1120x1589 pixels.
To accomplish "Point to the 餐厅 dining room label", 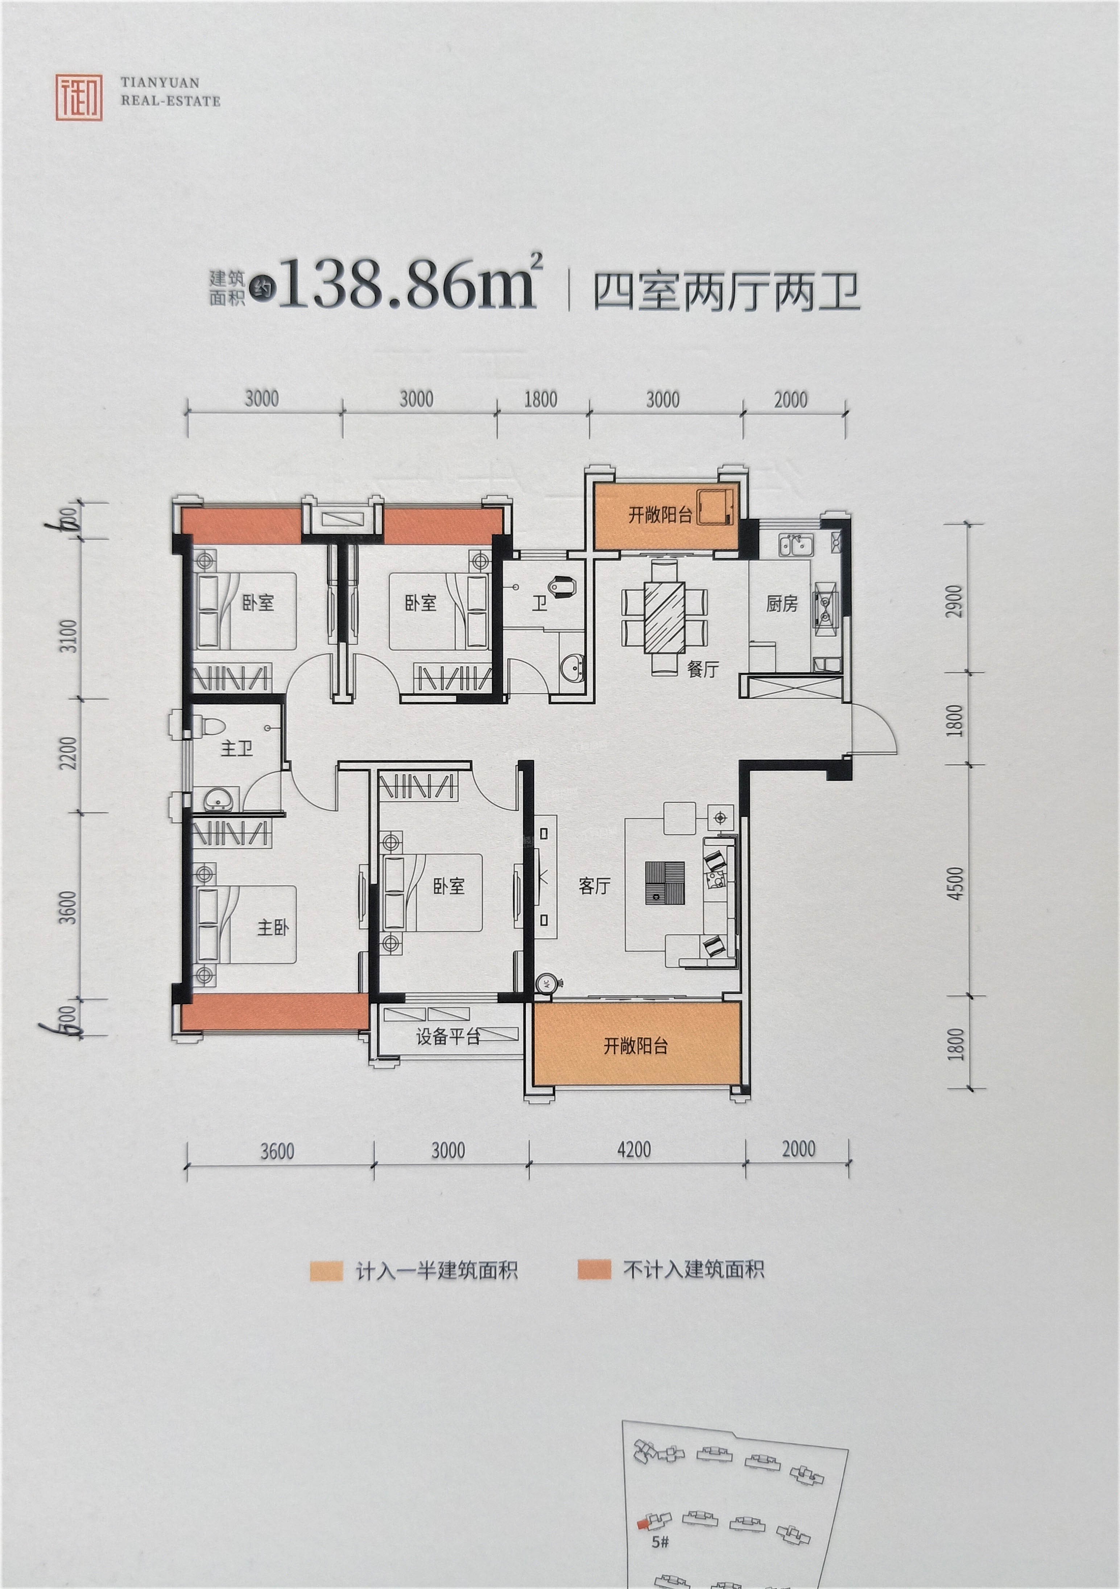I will point(703,669).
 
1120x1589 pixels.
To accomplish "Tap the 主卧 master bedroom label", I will point(273,927).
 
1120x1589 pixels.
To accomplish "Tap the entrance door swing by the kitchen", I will point(872,727).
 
